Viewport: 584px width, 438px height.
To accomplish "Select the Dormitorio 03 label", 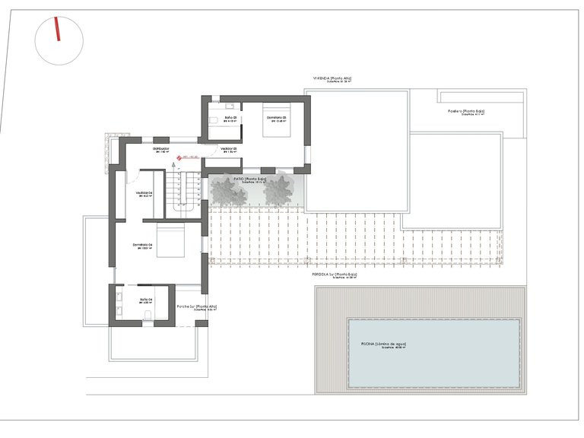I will (x=277, y=118).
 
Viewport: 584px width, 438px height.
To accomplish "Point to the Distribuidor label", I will (x=160, y=148).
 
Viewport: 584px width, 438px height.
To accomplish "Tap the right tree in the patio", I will (x=280, y=191).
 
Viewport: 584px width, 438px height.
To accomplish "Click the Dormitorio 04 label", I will (x=143, y=245).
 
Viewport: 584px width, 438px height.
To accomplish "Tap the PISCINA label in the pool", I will (x=384, y=344).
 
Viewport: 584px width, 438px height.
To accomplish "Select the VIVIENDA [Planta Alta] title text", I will (x=332, y=78).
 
